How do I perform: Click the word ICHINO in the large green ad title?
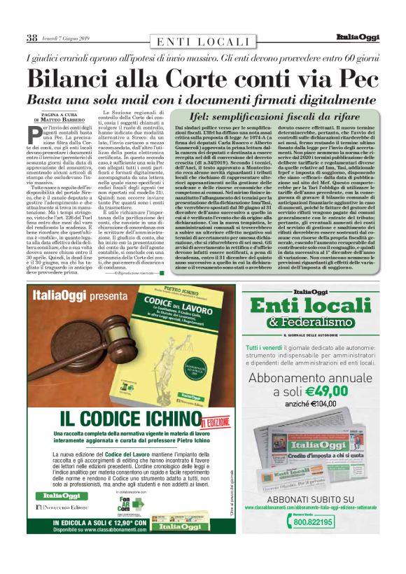click(165, 419)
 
